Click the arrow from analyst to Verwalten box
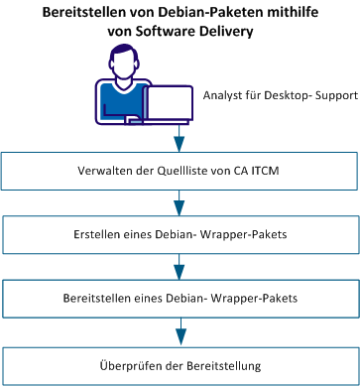point(180,134)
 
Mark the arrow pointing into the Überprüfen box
point(180,332)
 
